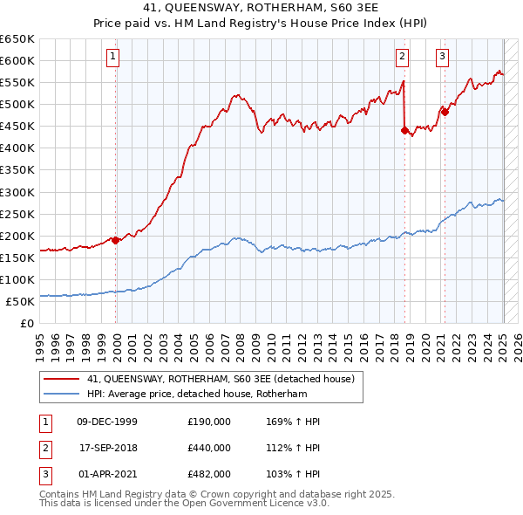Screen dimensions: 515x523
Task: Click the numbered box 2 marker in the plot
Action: (x=402, y=58)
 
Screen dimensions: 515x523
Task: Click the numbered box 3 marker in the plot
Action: (x=442, y=58)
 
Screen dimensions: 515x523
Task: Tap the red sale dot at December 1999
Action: (x=116, y=240)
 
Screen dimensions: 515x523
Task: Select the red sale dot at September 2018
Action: (x=404, y=130)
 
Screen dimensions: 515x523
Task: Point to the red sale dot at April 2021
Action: (x=445, y=112)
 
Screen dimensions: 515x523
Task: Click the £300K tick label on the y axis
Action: (x=17, y=192)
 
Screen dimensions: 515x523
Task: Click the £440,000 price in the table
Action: (x=209, y=448)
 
